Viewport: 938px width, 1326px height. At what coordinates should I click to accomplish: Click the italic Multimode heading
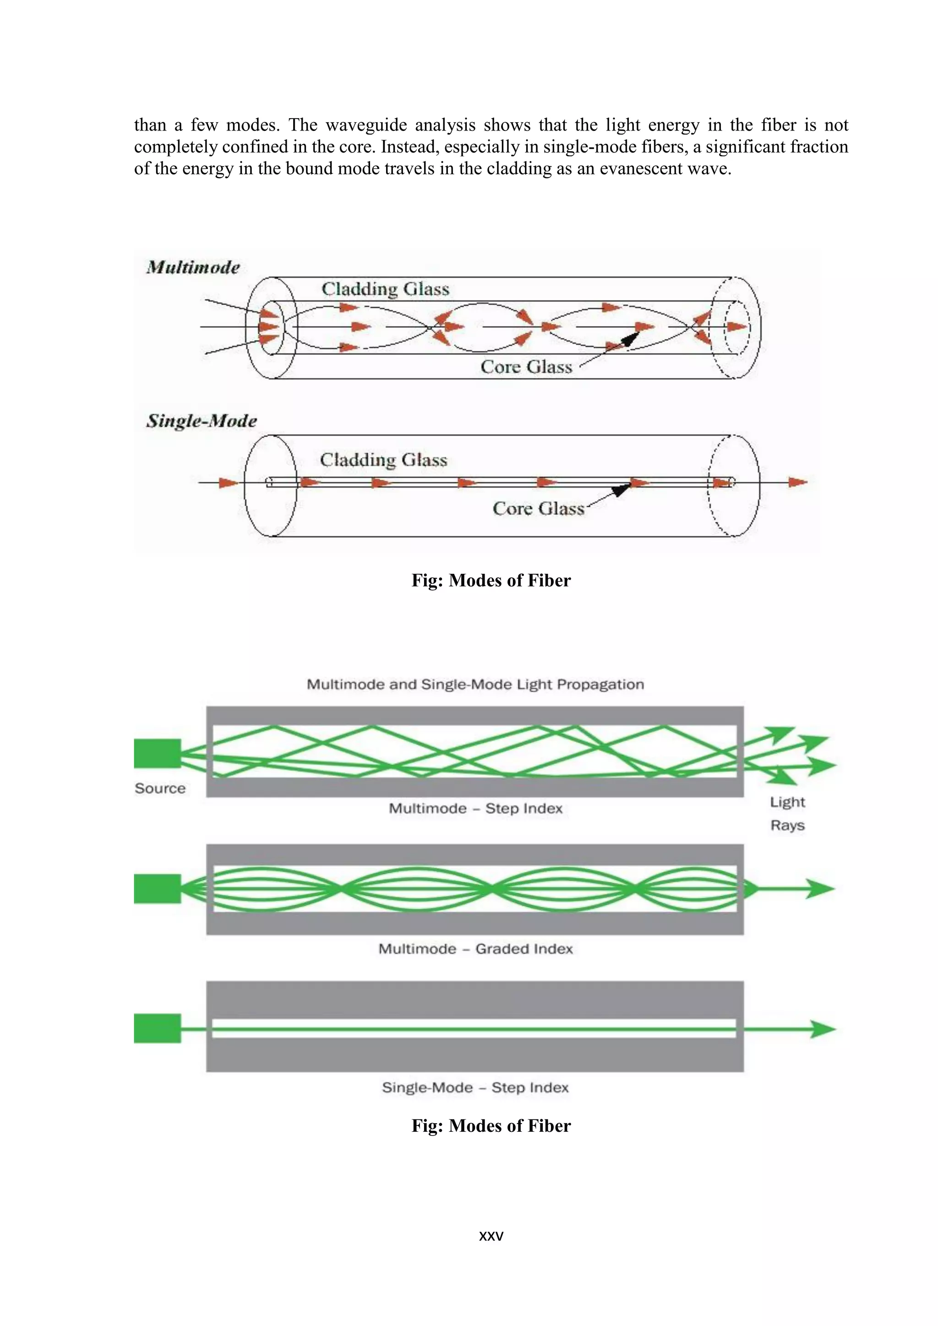(193, 267)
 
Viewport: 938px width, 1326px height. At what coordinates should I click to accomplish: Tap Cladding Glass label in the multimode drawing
(385, 289)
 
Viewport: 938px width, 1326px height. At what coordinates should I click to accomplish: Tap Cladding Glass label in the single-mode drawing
(383, 460)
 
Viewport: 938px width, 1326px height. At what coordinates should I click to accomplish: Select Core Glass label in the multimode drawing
(526, 367)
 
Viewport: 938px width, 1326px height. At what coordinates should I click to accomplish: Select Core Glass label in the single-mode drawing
(538, 508)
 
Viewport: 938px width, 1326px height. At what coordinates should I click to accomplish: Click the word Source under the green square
(160, 788)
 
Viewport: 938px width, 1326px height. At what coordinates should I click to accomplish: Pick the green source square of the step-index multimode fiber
(157, 753)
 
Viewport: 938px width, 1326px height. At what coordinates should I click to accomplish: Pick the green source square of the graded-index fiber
(157, 889)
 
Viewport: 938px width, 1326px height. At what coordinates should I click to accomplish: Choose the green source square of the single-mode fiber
(157, 1028)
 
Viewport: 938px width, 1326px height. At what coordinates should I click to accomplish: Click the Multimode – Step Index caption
(475, 809)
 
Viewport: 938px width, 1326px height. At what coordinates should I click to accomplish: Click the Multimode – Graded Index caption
(475, 949)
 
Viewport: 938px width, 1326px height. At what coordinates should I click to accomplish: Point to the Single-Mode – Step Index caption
(475, 1087)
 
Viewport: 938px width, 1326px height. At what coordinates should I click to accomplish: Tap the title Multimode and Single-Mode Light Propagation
(475, 685)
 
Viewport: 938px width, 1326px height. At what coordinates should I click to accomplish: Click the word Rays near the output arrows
(787, 825)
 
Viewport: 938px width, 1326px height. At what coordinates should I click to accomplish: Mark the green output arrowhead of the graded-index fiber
(820, 888)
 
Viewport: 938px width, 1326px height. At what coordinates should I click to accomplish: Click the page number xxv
(491, 1236)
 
